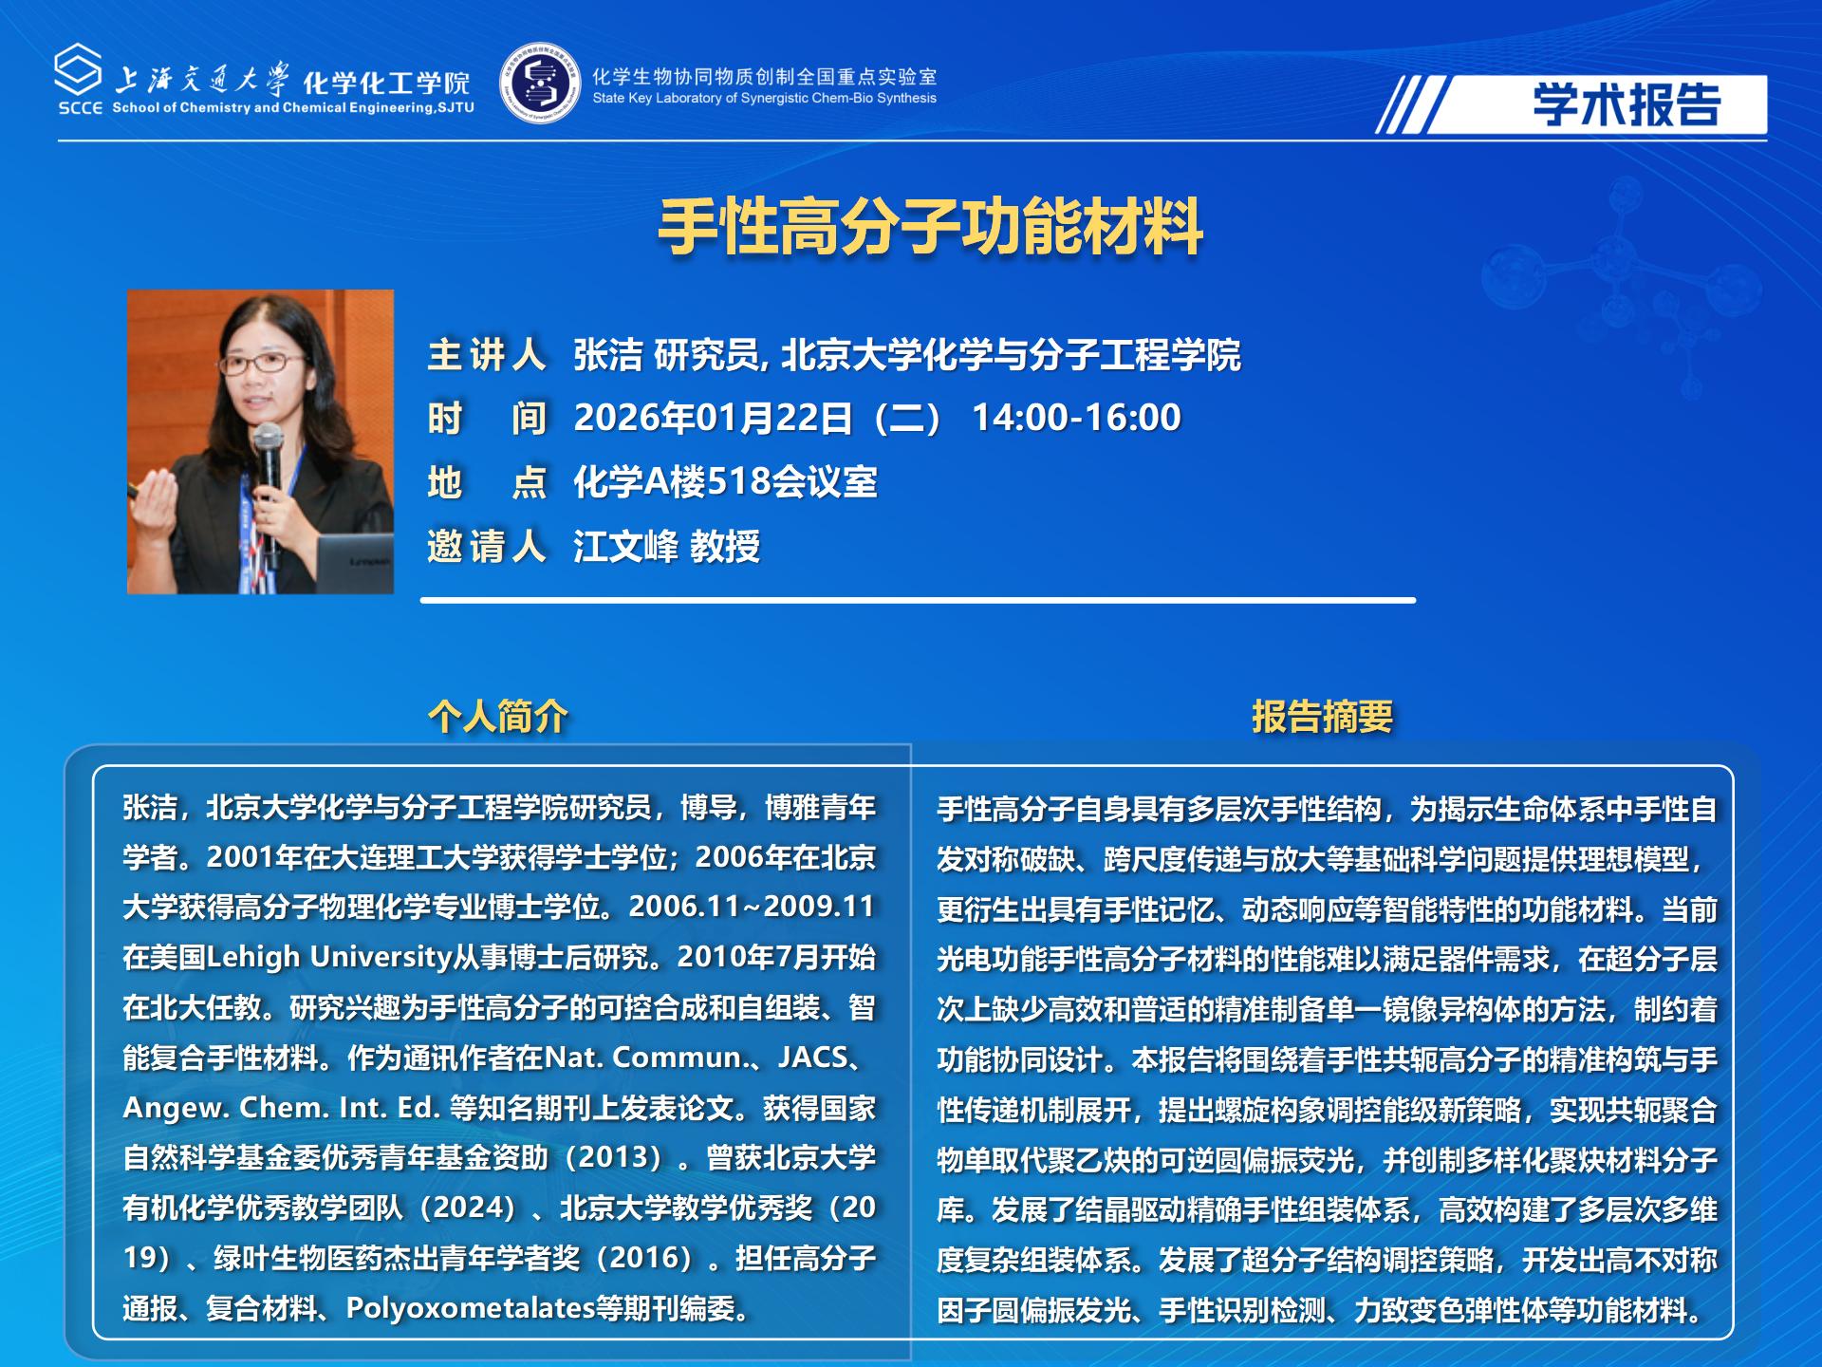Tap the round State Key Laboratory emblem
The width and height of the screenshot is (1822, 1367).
pyautogui.click(x=540, y=84)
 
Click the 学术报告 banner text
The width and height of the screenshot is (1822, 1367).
pyautogui.click(x=1627, y=104)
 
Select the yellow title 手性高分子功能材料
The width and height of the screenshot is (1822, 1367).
pyautogui.click(x=931, y=228)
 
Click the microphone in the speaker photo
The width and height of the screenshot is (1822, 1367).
pyautogui.click(x=269, y=446)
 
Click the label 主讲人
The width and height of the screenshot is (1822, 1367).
pyautogui.click(x=487, y=355)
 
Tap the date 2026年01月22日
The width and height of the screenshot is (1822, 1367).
pyautogui.click(x=713, y=418)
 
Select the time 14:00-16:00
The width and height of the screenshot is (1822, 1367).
pyautogui.click(x=1076, y=418)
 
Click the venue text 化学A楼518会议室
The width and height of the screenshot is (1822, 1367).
pyautogui.click(x=725, y=482)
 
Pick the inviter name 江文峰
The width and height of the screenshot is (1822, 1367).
pyautogui.click(x=626, y=547)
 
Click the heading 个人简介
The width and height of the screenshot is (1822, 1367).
pyautogui.click(x=498, y=716)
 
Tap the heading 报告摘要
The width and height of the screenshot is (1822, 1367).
pyautogui.click(x=1322, y=716)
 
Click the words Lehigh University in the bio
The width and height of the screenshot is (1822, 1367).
pyautogui.click(x=328, y=957)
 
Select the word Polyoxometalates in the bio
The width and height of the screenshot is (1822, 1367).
pyautogui.click(x=470, y=1308)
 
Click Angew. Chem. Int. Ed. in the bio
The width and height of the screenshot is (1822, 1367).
pyautogui.click(x=281, y=1108)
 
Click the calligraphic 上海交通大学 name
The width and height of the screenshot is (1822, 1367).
pyautogui.click(x=201, y=80)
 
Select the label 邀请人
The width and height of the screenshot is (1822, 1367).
pyautogui.click(x=487, y=547)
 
